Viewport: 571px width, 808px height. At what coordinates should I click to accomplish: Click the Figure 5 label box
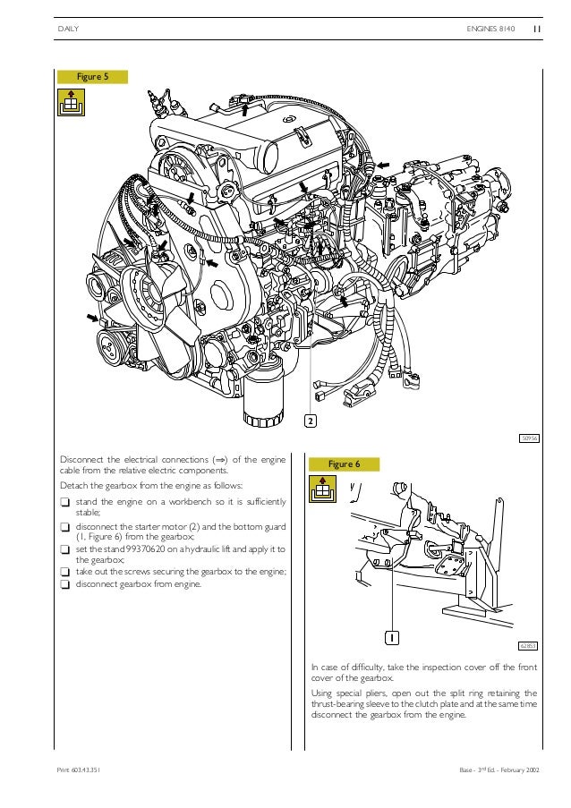(x=91, y=77)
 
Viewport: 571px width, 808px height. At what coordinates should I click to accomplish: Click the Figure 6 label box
(x=345, y=464)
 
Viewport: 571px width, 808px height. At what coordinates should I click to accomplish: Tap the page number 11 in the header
(x=537, y=29)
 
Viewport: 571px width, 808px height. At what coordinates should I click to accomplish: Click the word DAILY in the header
(x=69, y=29)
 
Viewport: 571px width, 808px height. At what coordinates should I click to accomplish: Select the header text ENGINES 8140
(x=491, y=29)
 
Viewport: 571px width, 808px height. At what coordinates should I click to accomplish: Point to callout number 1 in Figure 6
(x=391, y=637)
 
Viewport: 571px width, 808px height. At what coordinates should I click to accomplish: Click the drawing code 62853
(x=528, y=645)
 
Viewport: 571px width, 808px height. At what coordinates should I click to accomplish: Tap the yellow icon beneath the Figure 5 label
(x=68, y=106)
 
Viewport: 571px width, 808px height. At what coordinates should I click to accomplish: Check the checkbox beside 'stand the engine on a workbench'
(x=64, y=502)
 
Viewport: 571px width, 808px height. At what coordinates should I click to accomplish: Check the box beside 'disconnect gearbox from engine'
(x=64, y=584)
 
